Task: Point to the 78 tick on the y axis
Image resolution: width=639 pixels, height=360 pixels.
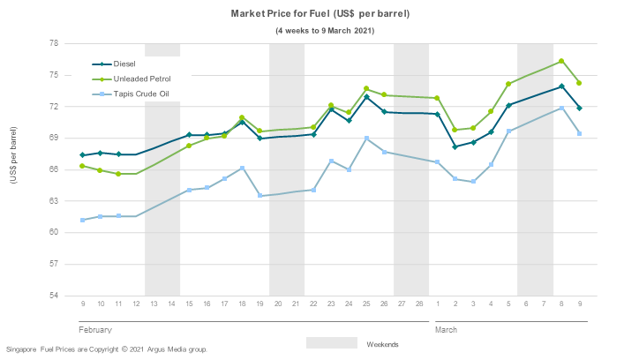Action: pyautogui.click(x=53, y=43)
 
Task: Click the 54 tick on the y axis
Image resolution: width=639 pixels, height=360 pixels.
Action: pyautogui.click(x=53, y=296)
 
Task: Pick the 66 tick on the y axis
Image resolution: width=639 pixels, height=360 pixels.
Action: pyautogui.click(x=53, y=169)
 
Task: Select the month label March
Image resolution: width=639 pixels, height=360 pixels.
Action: pyautogui.click(x=446, y=330)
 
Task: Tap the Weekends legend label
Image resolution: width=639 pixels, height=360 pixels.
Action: pyautogui.click(x=381, y=344)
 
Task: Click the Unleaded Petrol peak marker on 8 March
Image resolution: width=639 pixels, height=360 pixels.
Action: pyautogui.click(x=561, y=61)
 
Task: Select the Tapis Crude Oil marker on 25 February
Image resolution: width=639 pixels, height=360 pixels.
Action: pyautogui.click(x=366, y=139)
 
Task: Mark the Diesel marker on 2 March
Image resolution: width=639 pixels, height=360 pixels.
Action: pyautogui.click(x=455, y=146)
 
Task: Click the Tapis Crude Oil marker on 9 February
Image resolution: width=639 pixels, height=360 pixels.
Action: pyautogui.click(x=82, y=220)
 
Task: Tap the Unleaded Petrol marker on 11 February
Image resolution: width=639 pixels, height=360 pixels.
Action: pyautogui.click(x=117, y=174)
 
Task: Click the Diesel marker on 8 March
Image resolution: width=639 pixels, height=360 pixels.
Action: pyautogui.click(x=561, y=86)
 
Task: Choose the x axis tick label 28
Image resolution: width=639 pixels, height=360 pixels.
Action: pyautogui.click(x=419, y=304)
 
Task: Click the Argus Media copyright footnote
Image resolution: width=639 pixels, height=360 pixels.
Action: pyautogui.click(x=106, y=350)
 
